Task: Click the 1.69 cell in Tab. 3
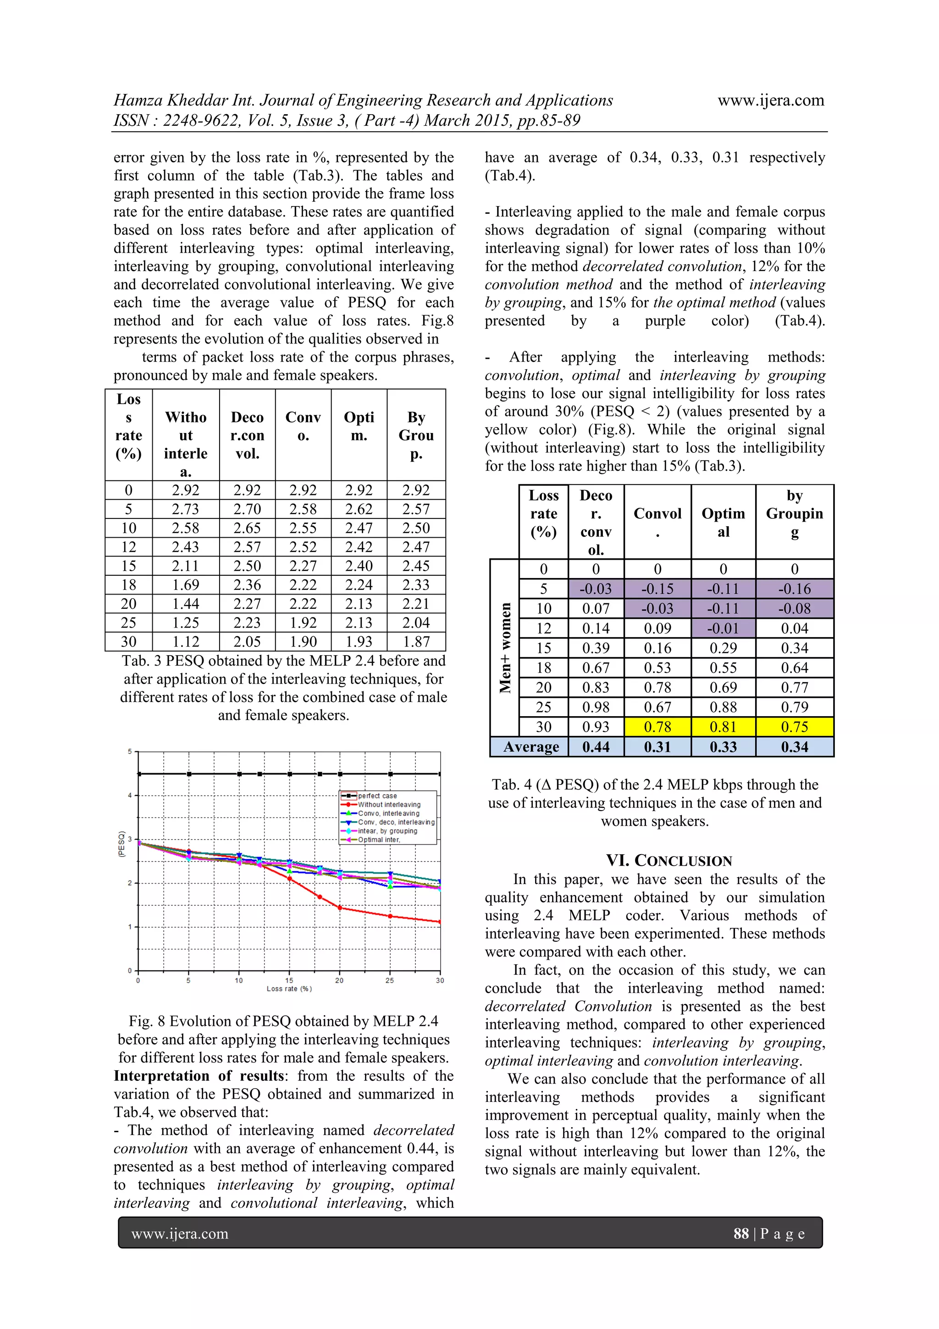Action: coord(185,584)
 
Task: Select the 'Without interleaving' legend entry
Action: coord(389,805)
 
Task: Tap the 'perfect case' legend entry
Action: coord(377,796)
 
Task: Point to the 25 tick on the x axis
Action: coord(389,980)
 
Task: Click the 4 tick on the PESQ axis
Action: coord(130,795)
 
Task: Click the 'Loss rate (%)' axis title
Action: coord(289,989)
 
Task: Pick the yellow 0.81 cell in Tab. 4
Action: coord(723,727)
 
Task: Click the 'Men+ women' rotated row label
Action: coord(505,648)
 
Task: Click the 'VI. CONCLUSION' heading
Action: coord(669,861)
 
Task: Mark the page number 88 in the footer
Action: coord(740,1234)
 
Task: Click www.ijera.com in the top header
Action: coord(771,101)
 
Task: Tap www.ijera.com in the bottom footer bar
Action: coord(180,1234)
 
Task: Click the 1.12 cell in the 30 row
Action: coord(185,641)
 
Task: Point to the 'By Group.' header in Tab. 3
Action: coord(416,435)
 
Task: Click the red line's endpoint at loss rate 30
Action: coord(440,922)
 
